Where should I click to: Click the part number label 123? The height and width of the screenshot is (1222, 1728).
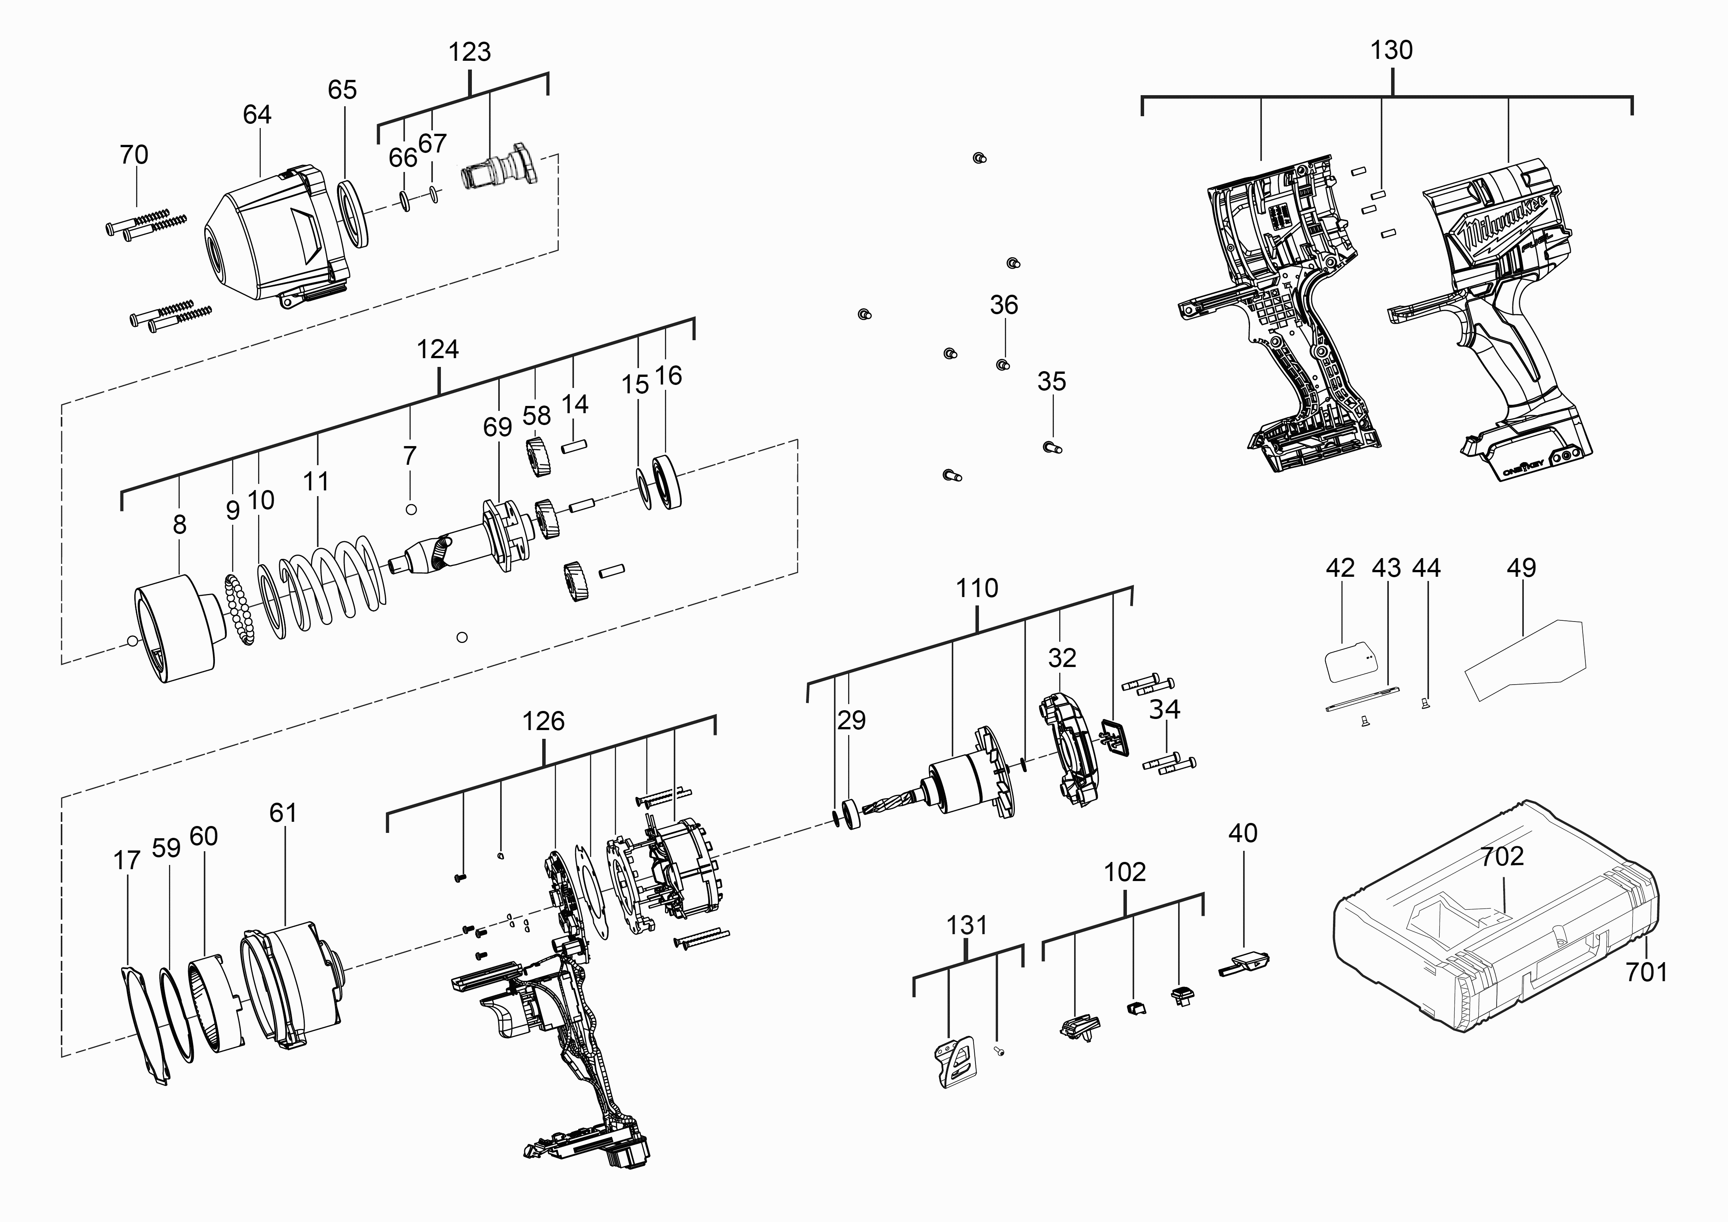470,53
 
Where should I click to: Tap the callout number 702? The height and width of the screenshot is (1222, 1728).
1502,856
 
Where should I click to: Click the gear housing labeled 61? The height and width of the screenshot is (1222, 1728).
290,978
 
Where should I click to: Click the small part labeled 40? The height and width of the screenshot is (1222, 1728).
1245,963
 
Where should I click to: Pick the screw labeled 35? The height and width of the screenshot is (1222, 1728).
1052,448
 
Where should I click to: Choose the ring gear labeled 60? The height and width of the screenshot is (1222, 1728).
215,1005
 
